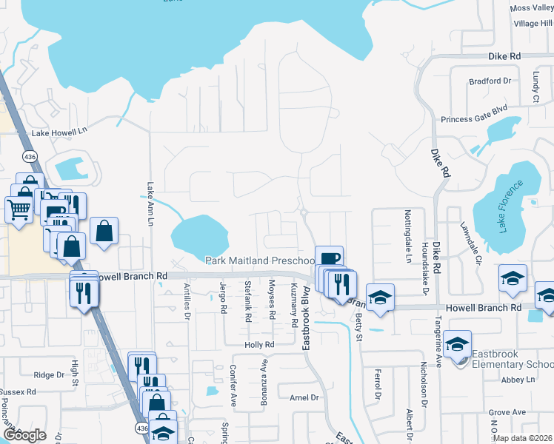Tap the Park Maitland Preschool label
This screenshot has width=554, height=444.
pos(261,261)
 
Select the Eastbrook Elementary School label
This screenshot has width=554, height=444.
pos(512,365)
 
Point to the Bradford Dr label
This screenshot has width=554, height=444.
pos(490,81)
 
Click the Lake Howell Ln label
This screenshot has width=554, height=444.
pos(59,133)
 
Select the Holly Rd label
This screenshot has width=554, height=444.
pos(260,345)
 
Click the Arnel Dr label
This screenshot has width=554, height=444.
pos(304,397)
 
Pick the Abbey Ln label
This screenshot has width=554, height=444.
pos(518,380)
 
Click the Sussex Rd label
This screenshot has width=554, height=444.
pos(19,391)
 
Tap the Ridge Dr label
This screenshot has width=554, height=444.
pos(50,375)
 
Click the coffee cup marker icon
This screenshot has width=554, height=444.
pos(329,259)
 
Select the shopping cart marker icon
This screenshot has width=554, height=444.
pos(19,209)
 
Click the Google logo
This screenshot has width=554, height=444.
pos(24,434)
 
